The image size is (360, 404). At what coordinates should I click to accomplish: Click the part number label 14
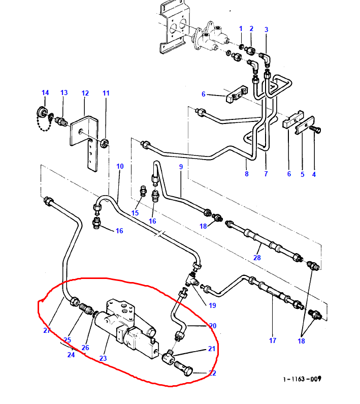coord(45,92)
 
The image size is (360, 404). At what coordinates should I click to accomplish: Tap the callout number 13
coord(64,92)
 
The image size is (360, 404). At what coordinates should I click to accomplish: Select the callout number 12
coord(85,93)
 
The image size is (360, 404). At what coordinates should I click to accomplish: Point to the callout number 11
coord(106,93)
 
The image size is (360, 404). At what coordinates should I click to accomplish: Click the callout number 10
coord(120,166)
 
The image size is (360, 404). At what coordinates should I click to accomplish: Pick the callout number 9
coord(180,167)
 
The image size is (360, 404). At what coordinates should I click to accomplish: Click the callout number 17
coord(272,340)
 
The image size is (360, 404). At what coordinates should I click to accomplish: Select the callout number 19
coord(212,305)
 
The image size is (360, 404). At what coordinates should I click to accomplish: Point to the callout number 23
coord(103,358)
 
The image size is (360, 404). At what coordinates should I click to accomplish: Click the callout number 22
coord(212,374)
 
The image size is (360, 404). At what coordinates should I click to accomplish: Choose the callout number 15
coord(135,213)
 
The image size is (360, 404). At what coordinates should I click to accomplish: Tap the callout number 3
coord(266,29)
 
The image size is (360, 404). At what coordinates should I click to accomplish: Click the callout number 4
coord(314,174)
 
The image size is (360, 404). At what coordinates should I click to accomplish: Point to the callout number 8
coord(247,174)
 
